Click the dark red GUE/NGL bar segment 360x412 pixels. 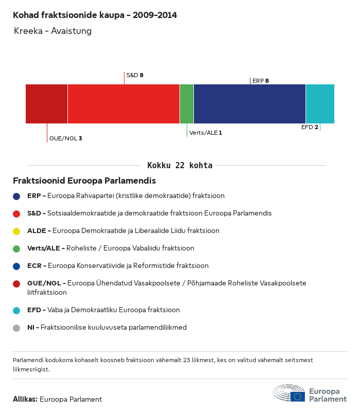46,104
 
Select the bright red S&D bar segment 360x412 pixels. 123,104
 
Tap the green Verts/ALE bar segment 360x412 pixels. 187,104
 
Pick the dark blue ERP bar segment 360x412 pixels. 249,104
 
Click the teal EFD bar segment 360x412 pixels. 320,104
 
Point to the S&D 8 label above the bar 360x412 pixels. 135,75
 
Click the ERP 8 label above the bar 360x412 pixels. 261,81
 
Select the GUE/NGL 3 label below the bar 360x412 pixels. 65,138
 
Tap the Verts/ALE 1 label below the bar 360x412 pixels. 206,133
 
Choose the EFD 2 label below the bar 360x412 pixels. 310,127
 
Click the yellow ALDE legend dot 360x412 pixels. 17,231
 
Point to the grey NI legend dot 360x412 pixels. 17,328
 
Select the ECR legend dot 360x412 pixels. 17,266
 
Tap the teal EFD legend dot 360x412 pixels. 17,310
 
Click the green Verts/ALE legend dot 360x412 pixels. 17,248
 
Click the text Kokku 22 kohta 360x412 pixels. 180,166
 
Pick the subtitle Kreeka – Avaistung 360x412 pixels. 53,31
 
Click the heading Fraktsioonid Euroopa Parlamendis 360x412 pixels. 84,181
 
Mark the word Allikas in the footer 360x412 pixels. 25,399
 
